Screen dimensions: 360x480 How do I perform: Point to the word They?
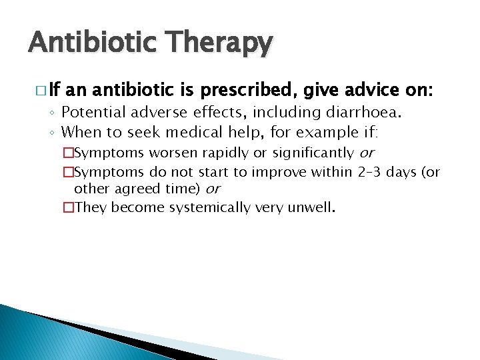click(x=91, y=207)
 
